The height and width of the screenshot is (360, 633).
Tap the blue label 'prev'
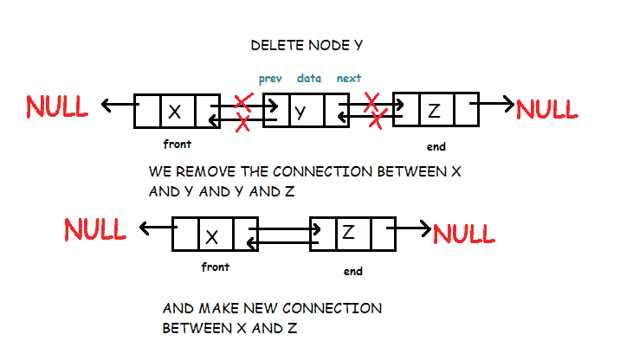click(x=271, y=79)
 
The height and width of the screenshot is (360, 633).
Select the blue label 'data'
click(x=309, y=79)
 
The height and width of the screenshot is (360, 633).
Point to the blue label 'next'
click(x=349, y=79)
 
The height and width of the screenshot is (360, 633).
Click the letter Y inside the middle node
click(x=300, y=112)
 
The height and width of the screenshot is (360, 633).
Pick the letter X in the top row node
click(x=174, y=112)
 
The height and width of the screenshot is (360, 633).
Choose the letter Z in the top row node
click(x=435, y=110)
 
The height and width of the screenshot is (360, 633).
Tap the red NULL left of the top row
click(x=57, y=107)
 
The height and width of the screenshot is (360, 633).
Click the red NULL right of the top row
click(x=546, y=110)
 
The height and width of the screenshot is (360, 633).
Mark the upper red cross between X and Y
click(x=242, y=103)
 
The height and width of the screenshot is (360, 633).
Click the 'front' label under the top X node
click(x=177, y=145)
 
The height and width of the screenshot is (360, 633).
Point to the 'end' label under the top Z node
click(x=436, y=147)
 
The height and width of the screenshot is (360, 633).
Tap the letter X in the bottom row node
click(x=212, y=235)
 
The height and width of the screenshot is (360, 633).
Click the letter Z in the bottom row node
click(x=348, y=232)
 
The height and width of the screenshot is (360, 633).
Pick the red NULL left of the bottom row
click(x=95, y=230)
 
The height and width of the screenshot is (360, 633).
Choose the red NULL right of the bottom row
click(x=464, y=233)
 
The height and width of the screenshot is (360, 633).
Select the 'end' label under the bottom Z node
click(x=352, y=271)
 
